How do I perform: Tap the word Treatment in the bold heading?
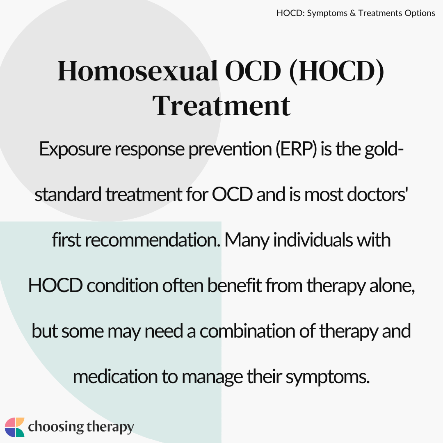point(221,106)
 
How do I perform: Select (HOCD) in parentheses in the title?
point(337,71)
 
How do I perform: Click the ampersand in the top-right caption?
point(353,13)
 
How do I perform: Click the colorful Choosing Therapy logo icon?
point(15,427)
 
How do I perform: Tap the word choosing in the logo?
point(56,427)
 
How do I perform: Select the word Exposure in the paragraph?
point(75,149)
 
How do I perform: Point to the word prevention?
point(230,149)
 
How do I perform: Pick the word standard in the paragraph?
point(68,194)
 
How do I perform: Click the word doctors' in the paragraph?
point(377,194)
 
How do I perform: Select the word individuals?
point(313,240)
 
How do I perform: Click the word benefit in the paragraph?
point(235,285)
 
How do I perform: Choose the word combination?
point(247,331)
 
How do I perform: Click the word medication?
point(115,377)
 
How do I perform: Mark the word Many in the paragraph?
point(247,240)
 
